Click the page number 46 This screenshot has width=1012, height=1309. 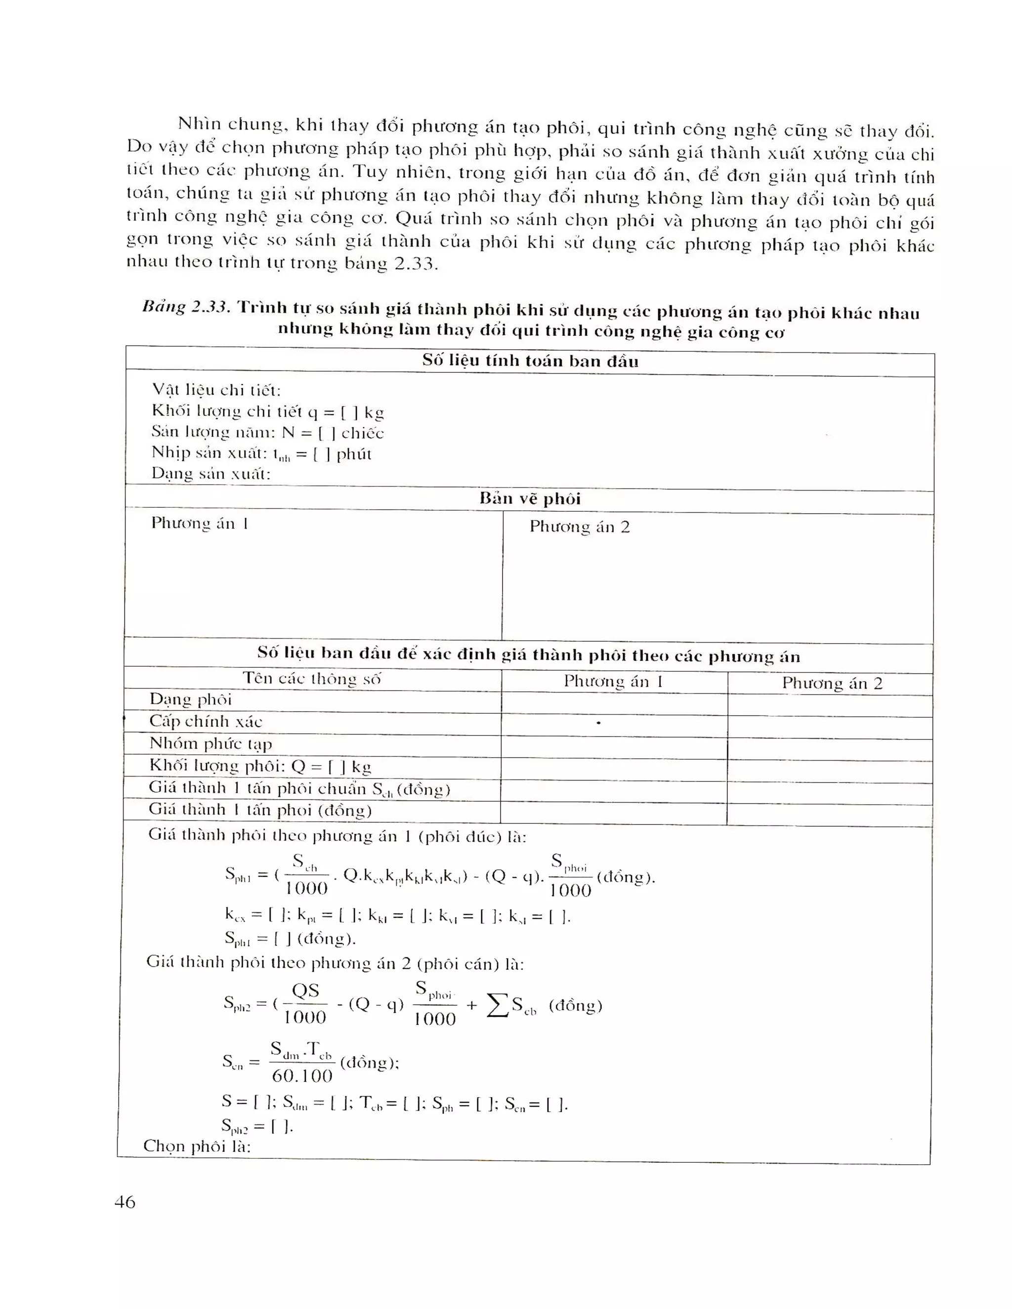(x=125, y=1202)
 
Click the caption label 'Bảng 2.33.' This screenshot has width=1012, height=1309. (x=186, y=307)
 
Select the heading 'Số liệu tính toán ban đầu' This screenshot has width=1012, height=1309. (x=530, y=361)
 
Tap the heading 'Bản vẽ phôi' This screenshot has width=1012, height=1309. (x=530, y=499)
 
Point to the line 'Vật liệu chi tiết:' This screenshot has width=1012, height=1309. (x=216, y=390)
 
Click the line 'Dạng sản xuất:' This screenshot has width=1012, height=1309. (x=211, y=474)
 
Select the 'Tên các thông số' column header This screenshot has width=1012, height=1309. (x=312, y=679)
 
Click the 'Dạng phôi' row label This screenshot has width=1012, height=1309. (x=190, y=699)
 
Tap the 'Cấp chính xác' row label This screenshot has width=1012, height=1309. (x=206, y=721)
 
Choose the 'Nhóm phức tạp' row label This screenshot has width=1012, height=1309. (x=211, y=743)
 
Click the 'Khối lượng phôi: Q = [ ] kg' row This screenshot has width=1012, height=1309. (x=260, y=766)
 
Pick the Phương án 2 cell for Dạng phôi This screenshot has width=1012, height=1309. (x=830, y=706)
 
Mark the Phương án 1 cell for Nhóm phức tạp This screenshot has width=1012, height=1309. (x=614, y=747)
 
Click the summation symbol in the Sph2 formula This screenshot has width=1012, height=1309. (x=497, y=1005)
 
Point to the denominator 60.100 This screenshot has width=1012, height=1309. (x=302, y=1075)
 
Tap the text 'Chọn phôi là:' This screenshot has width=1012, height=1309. (x=197, y=1146)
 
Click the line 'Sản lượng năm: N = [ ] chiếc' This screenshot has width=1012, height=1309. (x=267, y=432)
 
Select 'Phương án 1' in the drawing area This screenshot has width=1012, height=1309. (x=199, y=523)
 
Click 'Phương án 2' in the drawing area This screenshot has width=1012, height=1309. (x=579, y=527)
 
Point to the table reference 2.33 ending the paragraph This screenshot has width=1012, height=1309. (x=415, y=264)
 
